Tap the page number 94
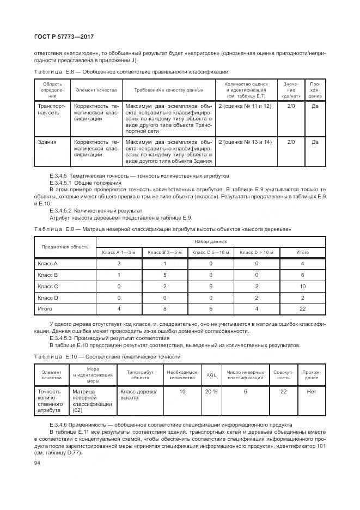coord(38,463)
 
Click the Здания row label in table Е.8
coord(47,142)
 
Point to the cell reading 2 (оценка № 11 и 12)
coord(244,106)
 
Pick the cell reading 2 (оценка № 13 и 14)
coord(244,142)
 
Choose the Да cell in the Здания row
coord(315,142)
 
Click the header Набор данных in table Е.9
coord(210,241)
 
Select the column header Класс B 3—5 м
coord(166,252)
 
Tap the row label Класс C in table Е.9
coord(48,286)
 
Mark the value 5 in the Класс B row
coord(166,275)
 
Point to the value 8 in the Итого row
coord(166,308)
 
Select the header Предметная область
coord(65,247)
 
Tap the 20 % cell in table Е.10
coord(211,392)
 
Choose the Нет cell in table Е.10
coord(312,392)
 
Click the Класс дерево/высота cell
coord(138,395)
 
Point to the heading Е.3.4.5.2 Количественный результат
coord(96,210)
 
